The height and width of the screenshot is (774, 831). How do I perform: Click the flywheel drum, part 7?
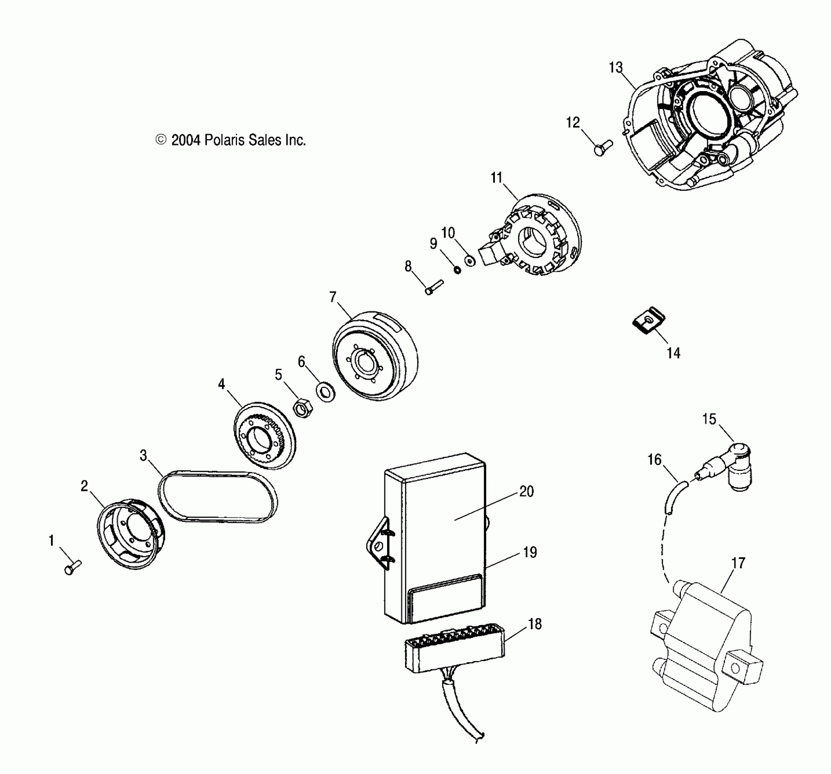375,357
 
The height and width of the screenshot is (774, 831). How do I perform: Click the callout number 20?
526,491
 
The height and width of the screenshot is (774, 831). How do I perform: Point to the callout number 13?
615,67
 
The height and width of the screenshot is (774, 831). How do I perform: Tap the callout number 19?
530,552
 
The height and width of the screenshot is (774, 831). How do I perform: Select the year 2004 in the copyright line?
186,140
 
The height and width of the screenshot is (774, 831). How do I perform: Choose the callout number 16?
654,460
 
